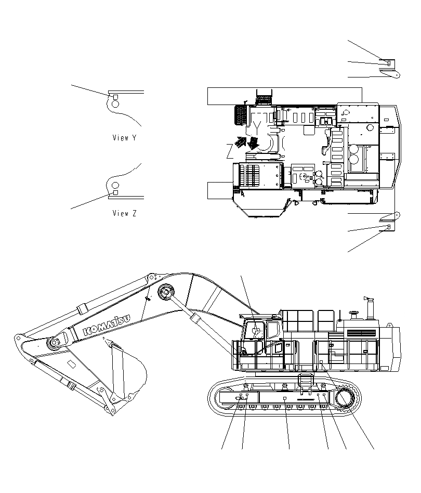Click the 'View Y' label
[x=124, y=138]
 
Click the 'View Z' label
[x=124, y=213]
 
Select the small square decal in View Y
[x=115, y=97]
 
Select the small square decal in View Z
[x=115, y=192]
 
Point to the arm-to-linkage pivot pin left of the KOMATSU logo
[x=55, y=343]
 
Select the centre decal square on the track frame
[x=285, y=398]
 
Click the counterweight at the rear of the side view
[x=392, y=347]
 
